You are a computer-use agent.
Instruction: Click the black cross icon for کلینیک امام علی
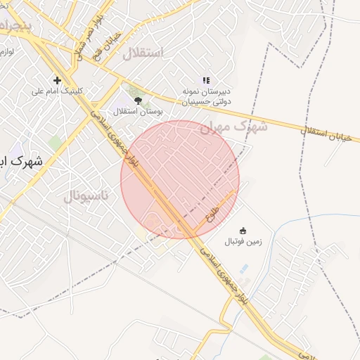(x=58, y=80)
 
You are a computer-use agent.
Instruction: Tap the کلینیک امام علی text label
(x=58, y=91)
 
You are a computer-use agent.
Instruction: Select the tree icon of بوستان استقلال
(x=138, y=101)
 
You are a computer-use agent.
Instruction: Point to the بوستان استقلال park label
(x=138, y=111)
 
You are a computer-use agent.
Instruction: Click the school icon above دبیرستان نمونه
(x=205, y=81)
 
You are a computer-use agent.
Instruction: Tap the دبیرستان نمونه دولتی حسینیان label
(x=205, y=97)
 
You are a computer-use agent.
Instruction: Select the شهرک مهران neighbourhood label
(x=234, y=128)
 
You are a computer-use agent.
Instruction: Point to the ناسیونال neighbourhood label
(x=86, y=195)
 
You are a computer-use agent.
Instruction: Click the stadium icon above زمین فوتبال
(x=243, y=231)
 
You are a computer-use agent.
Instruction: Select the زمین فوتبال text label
(x=243, y=242)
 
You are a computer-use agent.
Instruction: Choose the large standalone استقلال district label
(x=143, y=53)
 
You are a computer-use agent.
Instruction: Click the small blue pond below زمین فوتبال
(x=244, y=269)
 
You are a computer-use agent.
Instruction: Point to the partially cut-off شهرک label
(x=21, y=161)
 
